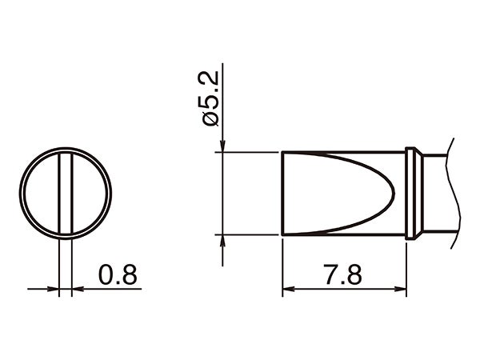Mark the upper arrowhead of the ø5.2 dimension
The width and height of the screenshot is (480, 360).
220,146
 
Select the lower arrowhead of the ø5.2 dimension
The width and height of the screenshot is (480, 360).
220,241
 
